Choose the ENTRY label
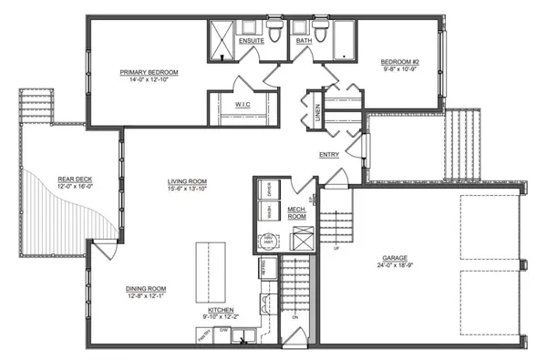(x=329, y=155)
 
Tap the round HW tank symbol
(x=268, y=242)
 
